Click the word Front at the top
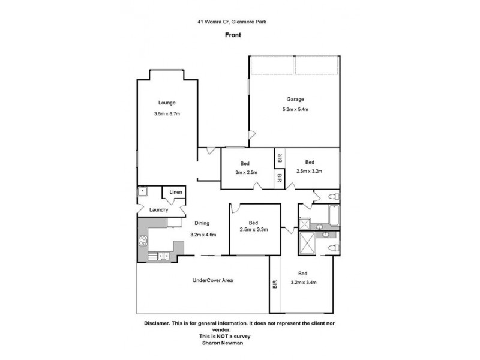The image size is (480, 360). pyautogui.click(x=234, y=35)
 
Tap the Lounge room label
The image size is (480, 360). pyautogui.click(x=167, y=103)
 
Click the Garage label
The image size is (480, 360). pyautogui.click(x=295, y=99)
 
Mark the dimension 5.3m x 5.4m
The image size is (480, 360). pyautogui.click(x=295, y=109)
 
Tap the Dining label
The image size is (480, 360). pyautogui.click(x=202, y=223)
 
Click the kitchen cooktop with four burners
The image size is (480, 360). pyautogui.click(x=144, y=242)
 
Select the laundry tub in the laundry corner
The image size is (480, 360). pyautogui.click(x=142, y=192)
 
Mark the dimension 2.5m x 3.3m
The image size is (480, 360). pyautogui.click(x=254, y=230)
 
